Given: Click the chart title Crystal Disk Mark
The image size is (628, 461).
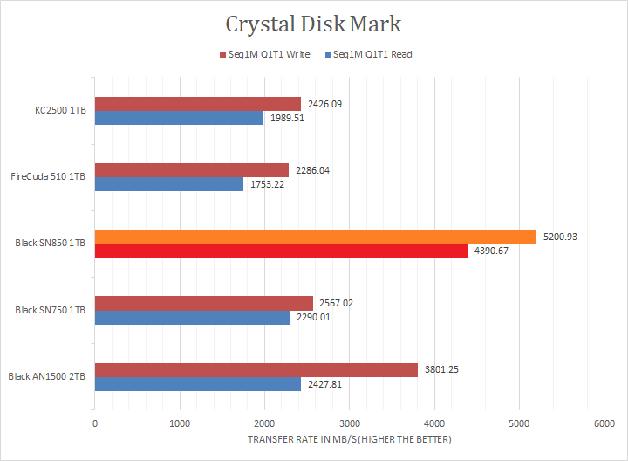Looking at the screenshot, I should pyautogui.click(x=313, y=23).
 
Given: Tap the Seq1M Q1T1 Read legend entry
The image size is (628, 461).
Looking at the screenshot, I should pyautogui.click(x=369, y=54).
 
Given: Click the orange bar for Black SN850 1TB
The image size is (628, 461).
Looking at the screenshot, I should pyautogui.click(x=315, y=237).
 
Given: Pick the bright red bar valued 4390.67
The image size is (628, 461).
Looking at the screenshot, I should pyautogui.click(x=280, y=251).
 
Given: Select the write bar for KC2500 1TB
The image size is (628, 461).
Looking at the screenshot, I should pyautogui.click(x=197, y=104).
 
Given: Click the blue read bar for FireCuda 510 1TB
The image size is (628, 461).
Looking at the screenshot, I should pyautogui.click(x=168, y=184).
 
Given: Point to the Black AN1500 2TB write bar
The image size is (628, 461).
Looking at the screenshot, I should pyautogui.click(x=256, y=369).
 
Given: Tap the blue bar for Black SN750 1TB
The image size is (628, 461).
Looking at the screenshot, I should pyautogui.click(x=192, y=318).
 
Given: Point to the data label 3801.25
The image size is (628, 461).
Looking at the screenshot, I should pyautogui.click(x=442, y=369).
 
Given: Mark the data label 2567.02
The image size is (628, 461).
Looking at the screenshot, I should pyautogui.click(x=338, y=303).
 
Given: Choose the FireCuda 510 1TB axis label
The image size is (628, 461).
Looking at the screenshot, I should pyautogui.click(x=48, y=177).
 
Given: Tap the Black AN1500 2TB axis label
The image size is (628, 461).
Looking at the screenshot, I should pyautogui.click(x=46, y=377).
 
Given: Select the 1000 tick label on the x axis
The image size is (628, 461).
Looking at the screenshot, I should pyautogui.click(x=180, y=423).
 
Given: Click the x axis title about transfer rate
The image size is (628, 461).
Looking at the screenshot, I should pyautogui.click(x=349, y=440).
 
